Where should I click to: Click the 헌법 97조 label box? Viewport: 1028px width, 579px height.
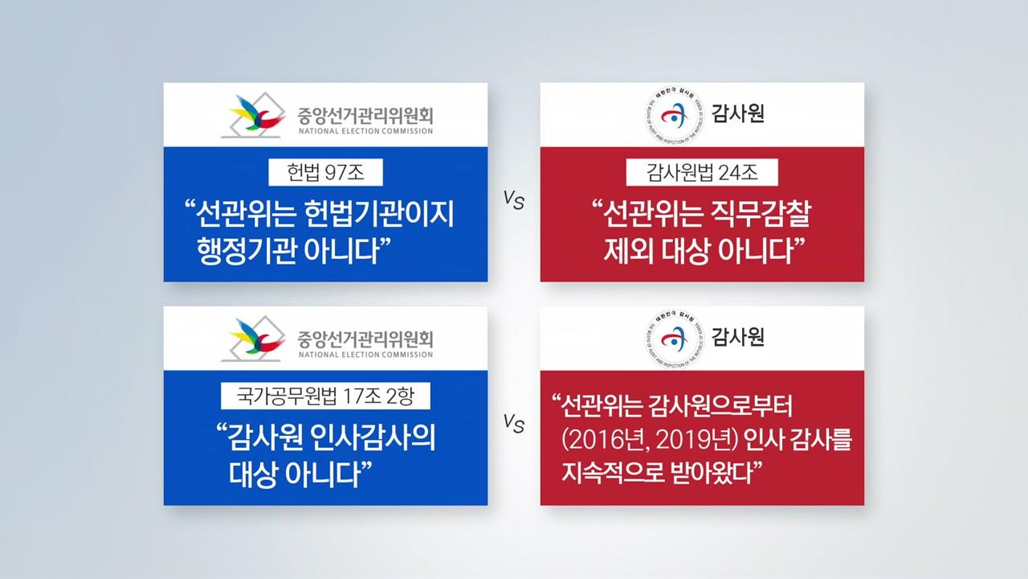pos(325,172)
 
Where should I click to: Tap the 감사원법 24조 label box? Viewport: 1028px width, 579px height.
pos(702,172)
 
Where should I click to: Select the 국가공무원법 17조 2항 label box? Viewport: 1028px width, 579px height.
pos(325,396)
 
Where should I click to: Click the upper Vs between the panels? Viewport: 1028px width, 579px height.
pos(513,200)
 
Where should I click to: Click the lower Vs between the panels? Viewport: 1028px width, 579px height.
pos(513,423)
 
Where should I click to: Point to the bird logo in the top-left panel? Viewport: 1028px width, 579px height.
pos(254,115)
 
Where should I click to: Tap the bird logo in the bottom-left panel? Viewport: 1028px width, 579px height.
pos(254,339)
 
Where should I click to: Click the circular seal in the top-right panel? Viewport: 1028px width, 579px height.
pos(674,116)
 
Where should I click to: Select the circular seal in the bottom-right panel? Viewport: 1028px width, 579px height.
pos(674,339)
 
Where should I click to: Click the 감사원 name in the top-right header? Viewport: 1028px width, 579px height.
pos(737,113)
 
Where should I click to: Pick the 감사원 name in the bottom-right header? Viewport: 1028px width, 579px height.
pos(737,337)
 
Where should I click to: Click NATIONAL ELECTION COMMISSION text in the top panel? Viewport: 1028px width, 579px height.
pos(365,131)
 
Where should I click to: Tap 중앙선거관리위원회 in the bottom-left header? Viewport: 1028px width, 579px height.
pos(365,339)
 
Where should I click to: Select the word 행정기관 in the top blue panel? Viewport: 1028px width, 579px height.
pos(245,251)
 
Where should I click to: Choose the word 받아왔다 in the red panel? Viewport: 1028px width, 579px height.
pos(716,472)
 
